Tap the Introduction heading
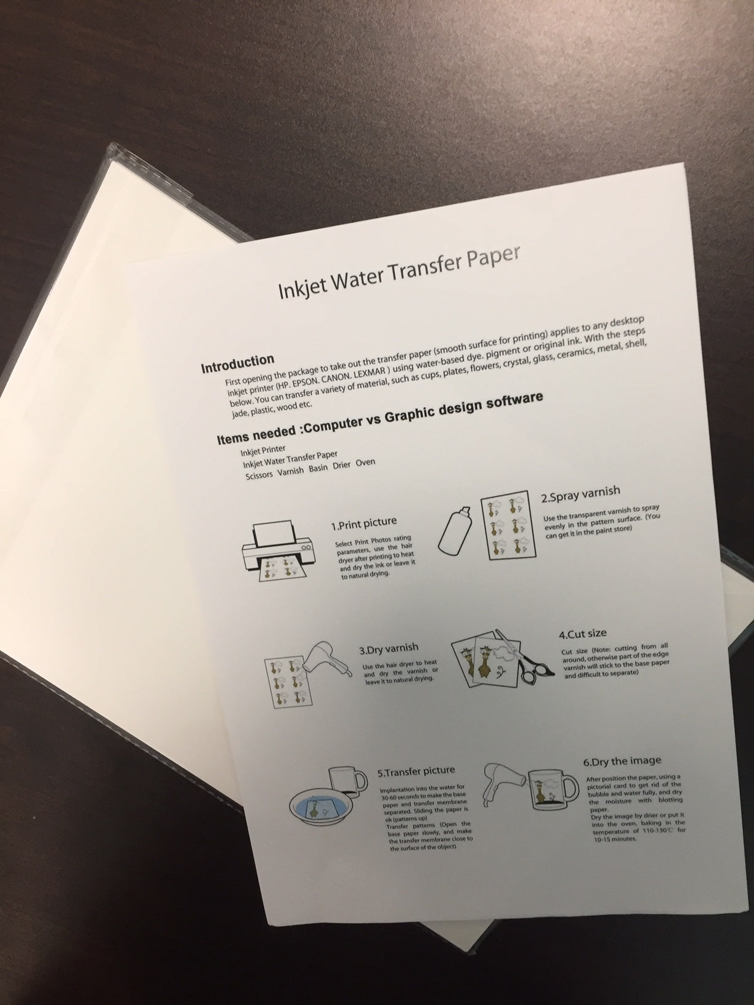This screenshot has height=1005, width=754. point(238,363)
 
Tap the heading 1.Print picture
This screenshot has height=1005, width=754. point(364,524)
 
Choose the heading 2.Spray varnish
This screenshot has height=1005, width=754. point(580,494)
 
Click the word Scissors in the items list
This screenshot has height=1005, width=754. point(259,475)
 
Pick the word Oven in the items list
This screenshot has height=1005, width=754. point(365,463)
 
